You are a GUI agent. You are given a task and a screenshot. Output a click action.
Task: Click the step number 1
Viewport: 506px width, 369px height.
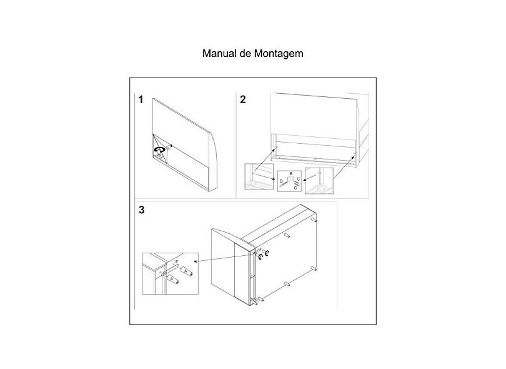coord(141,99)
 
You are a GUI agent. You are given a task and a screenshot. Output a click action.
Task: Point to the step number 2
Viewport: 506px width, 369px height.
coord(243,99)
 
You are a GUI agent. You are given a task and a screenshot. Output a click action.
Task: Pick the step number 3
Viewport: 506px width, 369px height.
coord(142,210)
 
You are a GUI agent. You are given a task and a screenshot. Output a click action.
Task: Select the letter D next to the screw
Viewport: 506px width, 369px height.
coord(281,181)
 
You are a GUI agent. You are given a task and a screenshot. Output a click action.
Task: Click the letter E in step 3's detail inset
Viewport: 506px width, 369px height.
coord(177,261)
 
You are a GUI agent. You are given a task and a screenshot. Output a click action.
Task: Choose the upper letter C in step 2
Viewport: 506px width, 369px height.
coord(299,179)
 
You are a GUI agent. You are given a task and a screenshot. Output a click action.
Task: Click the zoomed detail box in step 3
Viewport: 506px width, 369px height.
coord(168,273)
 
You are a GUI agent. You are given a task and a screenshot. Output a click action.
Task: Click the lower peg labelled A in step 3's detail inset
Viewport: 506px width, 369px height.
coord(171,280)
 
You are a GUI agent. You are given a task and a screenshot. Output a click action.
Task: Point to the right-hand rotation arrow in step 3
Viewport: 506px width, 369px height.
coord(267,253)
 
